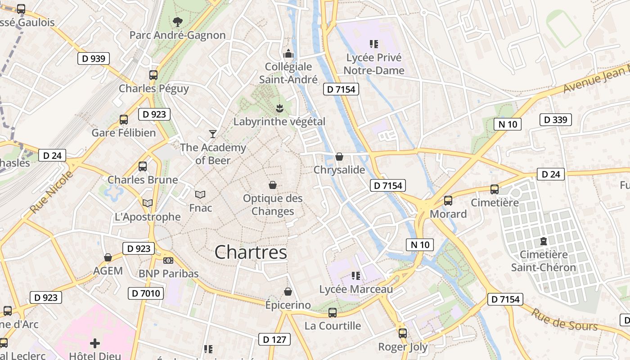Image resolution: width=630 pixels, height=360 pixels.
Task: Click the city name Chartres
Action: click(x=251, y=252)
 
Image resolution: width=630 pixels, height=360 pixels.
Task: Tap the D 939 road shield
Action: click(x=94, y=58)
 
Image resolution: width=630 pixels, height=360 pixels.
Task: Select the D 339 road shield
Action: click(x=555, y=120)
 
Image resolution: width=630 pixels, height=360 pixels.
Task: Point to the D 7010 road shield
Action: click(x=146, y=294)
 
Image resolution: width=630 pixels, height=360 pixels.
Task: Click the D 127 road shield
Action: click(x=274, y=339)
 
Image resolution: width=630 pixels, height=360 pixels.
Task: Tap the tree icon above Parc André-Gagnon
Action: click(x=178, y=22)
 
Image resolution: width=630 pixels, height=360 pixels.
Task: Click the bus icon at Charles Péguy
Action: click(x=153, y=75)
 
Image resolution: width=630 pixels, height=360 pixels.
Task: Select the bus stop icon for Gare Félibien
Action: click(x=124, y=120)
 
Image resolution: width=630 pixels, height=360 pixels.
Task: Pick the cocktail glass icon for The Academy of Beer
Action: click(x=213, y=134)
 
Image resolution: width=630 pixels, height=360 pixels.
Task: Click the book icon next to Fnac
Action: click(x=200, y=194)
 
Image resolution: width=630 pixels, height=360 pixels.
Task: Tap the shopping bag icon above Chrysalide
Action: click(x=339, y=157)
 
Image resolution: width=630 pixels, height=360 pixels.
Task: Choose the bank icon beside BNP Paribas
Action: click(x=168, y=261)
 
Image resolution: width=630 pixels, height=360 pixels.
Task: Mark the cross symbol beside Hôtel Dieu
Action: click(x=95, y=343)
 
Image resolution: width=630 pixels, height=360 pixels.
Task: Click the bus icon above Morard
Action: click(x=448, y=201)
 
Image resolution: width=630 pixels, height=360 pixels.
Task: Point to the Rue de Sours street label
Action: click(x=564, y=319)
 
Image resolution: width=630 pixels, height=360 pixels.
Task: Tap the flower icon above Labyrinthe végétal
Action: click(x=279, y=108)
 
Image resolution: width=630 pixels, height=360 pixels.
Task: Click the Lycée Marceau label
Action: click(x=356, y=289)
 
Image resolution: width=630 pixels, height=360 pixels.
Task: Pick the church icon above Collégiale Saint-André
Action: click(x=288, y=54)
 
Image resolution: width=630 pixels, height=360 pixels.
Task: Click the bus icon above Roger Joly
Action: click(x=403, y=333)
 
